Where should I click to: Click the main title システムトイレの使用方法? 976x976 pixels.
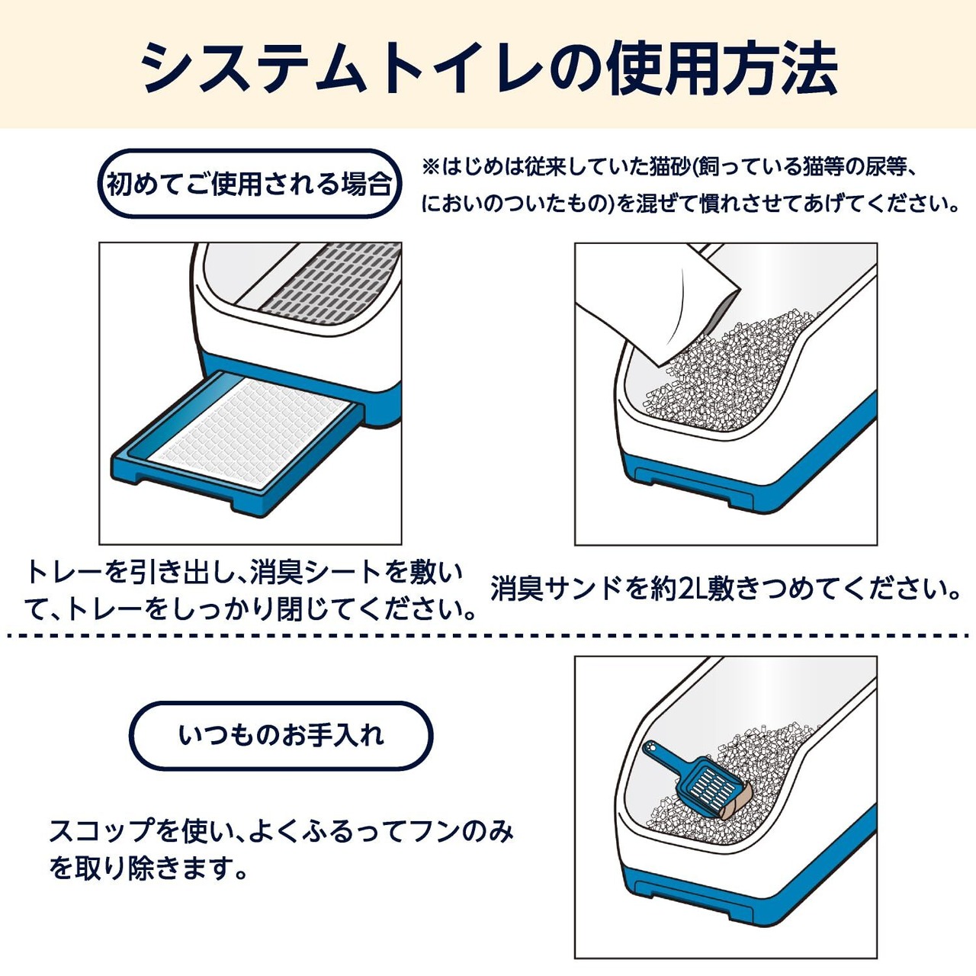coord(488,67)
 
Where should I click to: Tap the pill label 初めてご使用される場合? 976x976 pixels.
coord(249,184)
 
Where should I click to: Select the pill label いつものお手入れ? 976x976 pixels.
coord(281,736)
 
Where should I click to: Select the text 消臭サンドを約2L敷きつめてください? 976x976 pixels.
coord(724,589)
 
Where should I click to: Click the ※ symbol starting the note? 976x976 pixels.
coord(432,165)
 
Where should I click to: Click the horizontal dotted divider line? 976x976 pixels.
coord(488,634)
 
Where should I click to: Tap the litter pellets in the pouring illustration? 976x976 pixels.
coord(732,374)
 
